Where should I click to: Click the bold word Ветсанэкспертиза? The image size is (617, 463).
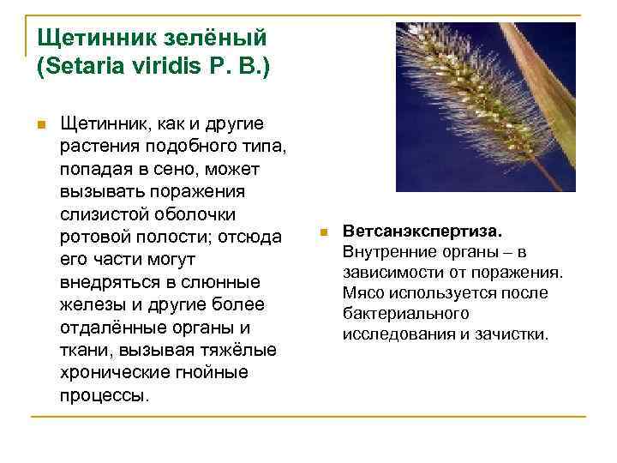click(422, 231)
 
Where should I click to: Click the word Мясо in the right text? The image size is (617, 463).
click(364, 293)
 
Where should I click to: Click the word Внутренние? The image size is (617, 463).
click(385, 252)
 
